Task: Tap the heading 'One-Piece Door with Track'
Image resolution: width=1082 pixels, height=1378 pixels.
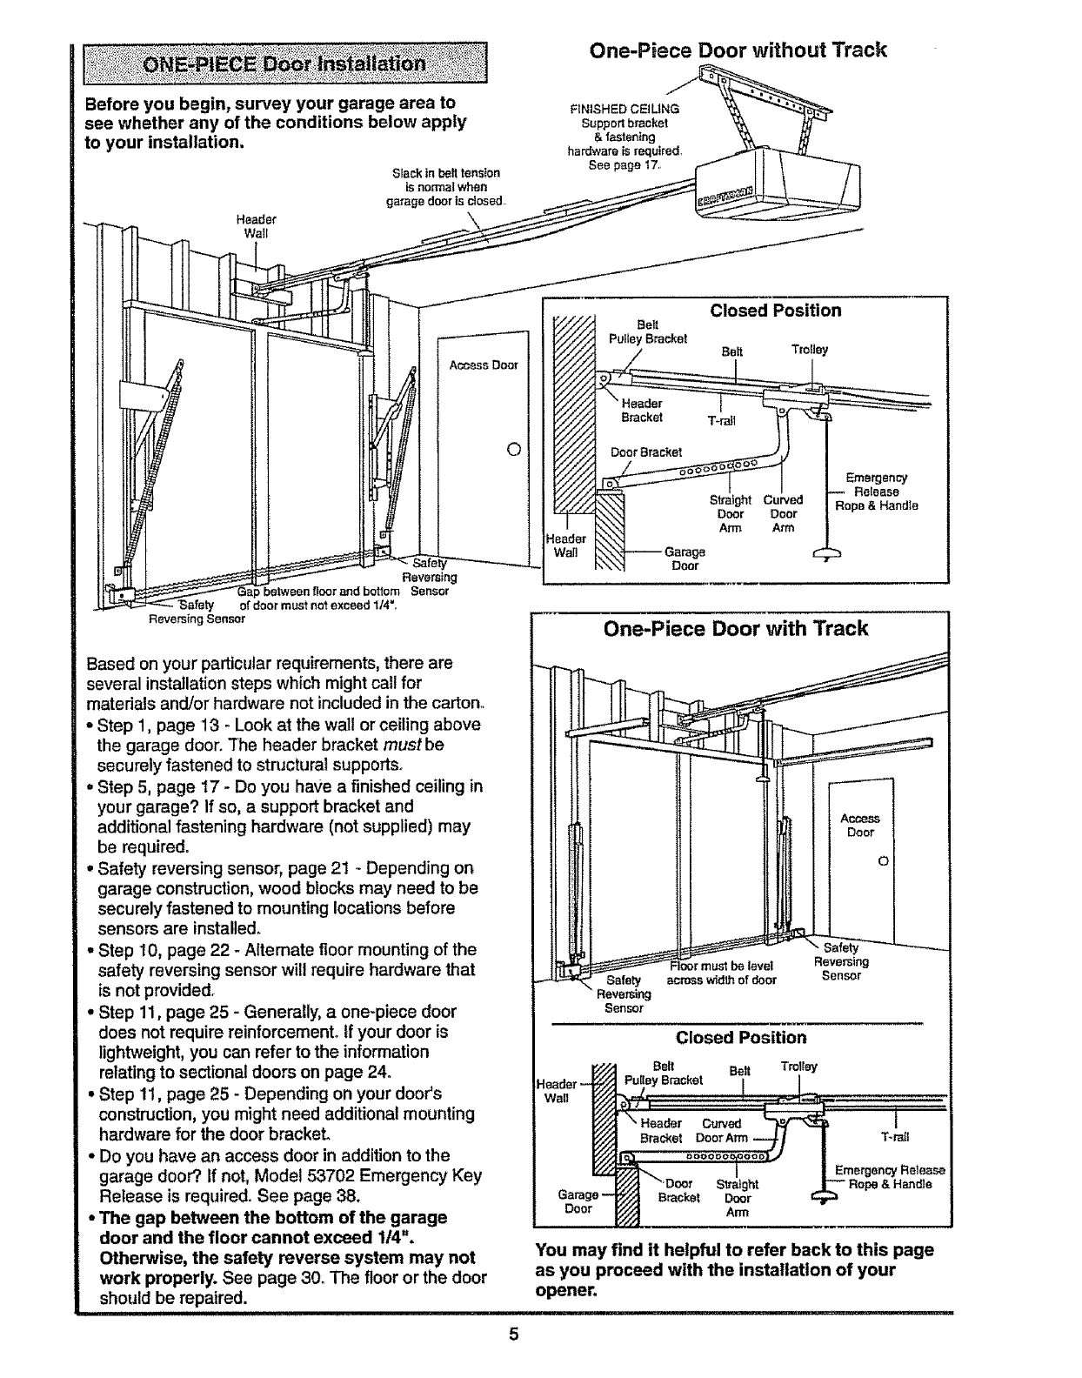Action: point(737,628)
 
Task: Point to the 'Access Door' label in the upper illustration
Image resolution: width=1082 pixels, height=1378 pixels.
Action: point(484,365)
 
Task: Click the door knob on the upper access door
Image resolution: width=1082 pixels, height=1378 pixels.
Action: point(512,450)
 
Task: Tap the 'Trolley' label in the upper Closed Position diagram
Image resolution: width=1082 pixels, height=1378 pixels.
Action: point(809,350)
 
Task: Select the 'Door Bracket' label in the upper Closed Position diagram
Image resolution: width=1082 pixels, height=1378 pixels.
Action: point(645,452)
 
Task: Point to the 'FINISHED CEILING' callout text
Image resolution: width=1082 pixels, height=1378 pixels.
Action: point(624,110)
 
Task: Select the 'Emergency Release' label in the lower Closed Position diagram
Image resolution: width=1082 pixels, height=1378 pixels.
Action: point(889,1170)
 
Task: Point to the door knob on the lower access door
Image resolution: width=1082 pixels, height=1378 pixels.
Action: point(884,861)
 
